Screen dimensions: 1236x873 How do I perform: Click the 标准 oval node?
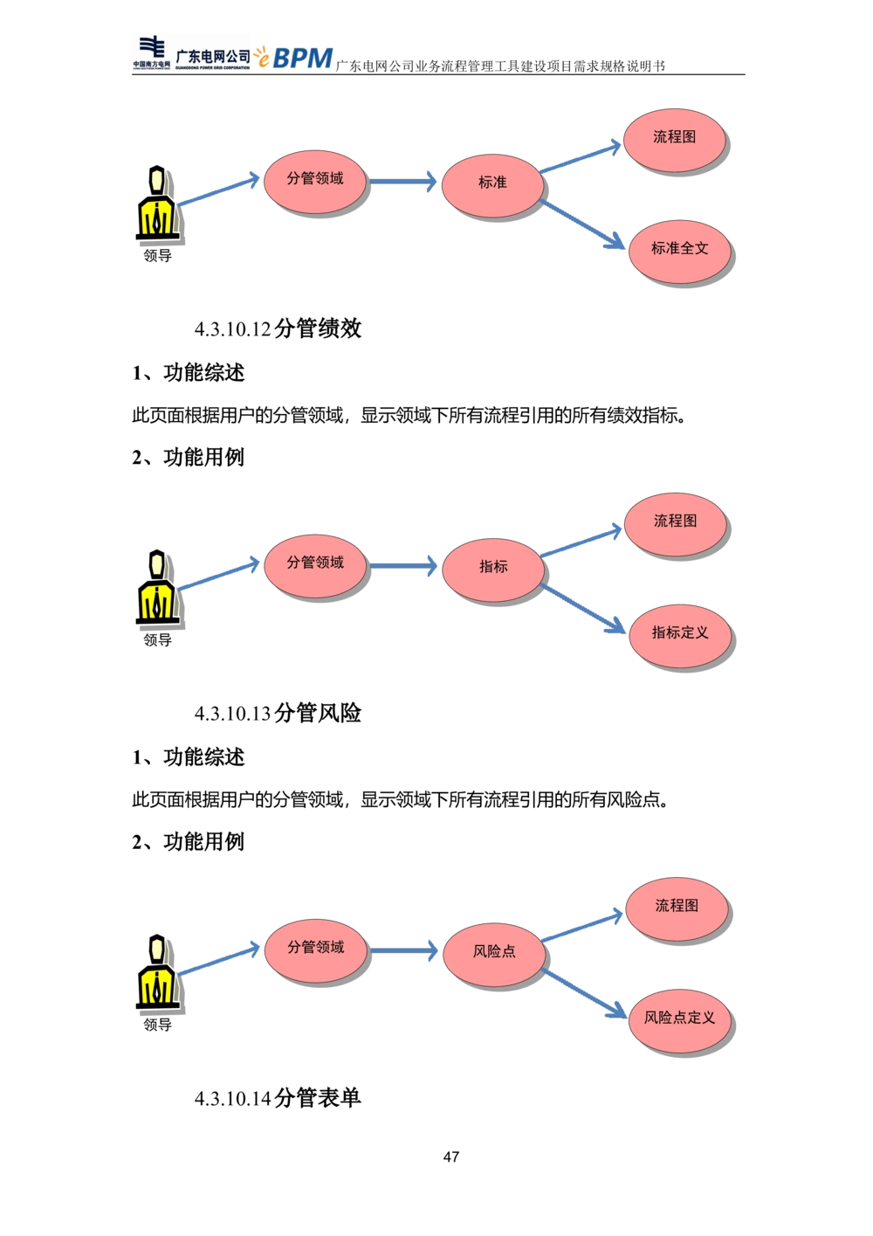coord(492,183)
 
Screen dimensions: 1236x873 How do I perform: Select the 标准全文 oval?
coord(679,248)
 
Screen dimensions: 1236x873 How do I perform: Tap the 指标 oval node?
coord(492,567)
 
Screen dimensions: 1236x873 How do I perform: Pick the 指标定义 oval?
coord(679,632)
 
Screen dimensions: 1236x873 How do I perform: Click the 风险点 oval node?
coord(494,951)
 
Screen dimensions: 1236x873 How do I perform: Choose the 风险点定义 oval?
coord(679,1018)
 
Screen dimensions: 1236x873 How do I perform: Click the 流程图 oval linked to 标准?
coord(674,137)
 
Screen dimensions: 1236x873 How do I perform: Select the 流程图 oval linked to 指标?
coord(675,521)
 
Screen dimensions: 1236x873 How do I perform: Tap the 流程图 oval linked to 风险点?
coord(677,906)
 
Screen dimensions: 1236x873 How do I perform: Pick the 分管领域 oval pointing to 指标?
coord(315,563)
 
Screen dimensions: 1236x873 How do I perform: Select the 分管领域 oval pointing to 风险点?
coord(315,948)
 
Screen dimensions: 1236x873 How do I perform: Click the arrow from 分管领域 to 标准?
coord(403,182)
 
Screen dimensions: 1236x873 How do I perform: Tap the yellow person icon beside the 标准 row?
coord(156,204)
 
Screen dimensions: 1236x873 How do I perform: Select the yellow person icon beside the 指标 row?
coord(156,589)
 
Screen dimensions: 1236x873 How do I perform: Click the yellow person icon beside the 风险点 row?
coord(156,974)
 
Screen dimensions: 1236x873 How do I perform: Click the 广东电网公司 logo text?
coord(212,56)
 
